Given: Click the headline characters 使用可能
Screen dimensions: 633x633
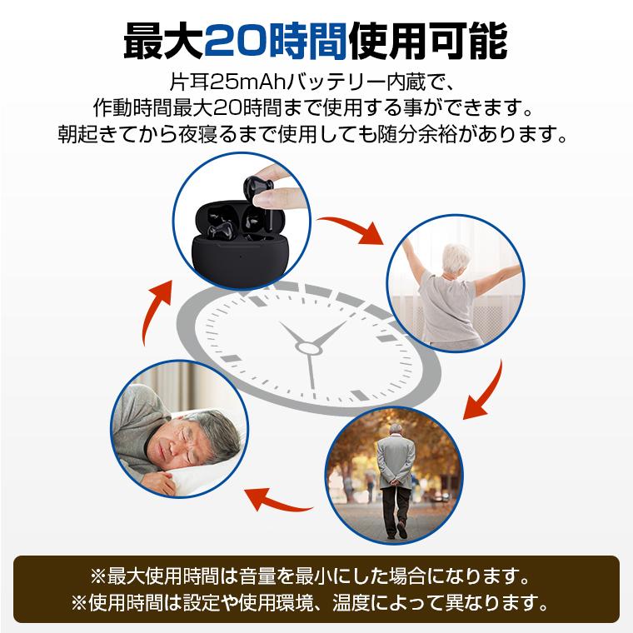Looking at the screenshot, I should coord(428,38).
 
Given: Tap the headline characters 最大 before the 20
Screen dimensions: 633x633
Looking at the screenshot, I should coord(162,38).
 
